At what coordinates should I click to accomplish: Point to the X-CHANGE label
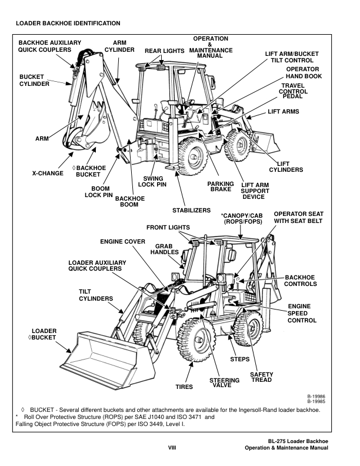point(48,174)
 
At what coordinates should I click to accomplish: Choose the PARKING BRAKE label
point(221,187)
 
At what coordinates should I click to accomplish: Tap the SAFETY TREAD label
point(261,377)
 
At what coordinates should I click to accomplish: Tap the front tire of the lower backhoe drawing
point(198,344)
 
